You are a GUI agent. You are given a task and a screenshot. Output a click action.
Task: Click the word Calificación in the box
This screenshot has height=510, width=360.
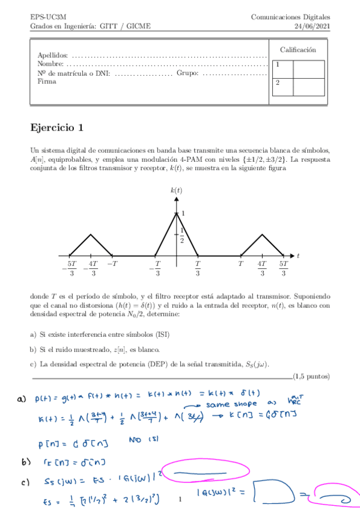click(297, 49)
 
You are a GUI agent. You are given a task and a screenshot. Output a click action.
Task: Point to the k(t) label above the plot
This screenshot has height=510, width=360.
click(176, 190)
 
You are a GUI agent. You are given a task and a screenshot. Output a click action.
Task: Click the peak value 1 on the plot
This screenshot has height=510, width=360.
click(183, 213)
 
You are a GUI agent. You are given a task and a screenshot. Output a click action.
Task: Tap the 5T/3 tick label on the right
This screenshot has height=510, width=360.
click(283, 268)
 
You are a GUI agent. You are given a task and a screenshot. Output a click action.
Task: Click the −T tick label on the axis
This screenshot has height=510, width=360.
click(112, 263)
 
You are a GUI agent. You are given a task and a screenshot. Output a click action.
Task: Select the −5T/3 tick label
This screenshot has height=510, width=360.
click(70, 268)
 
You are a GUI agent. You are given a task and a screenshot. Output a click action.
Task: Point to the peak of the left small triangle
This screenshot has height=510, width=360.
click(91, 234)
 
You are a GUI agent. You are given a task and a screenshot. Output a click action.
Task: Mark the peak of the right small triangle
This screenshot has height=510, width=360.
click(262, 234)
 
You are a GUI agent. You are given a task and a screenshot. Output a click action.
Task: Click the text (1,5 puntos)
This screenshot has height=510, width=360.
click(311, 377)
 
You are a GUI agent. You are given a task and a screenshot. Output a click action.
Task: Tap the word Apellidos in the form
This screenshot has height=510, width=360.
click(52, 55)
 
